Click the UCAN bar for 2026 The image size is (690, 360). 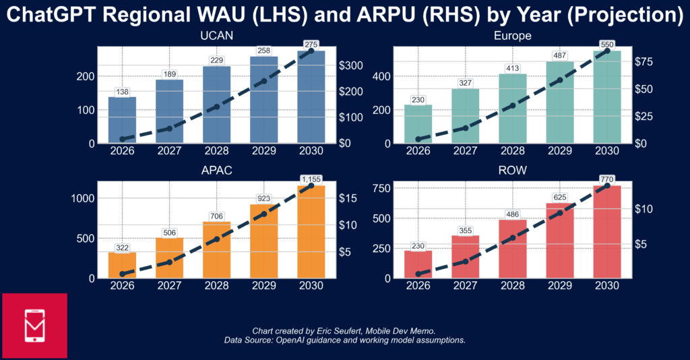(123, 120)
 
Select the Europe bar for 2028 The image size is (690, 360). (513, 109)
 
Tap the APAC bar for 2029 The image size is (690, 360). (264, 241)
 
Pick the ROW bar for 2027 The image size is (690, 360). (465, 257)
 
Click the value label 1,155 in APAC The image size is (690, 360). (311, 179)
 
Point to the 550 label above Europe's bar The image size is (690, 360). (607, 44)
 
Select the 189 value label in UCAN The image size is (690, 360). (169, 74)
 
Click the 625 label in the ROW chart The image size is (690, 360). (560, 198)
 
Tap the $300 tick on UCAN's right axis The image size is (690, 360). (350, 65)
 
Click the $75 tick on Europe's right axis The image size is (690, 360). (644, 62)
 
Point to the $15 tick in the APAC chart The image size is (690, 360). (348, 198)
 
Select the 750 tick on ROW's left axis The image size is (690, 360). (381, 188)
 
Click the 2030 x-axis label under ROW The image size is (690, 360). (607, 286)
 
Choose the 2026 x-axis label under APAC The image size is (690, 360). (123, 286)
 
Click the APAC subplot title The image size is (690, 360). (216, 171)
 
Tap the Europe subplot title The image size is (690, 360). (513, 36)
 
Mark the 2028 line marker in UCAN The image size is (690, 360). (216, 107)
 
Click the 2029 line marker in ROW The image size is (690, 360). (560, 213)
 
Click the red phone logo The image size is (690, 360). (35, 326)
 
